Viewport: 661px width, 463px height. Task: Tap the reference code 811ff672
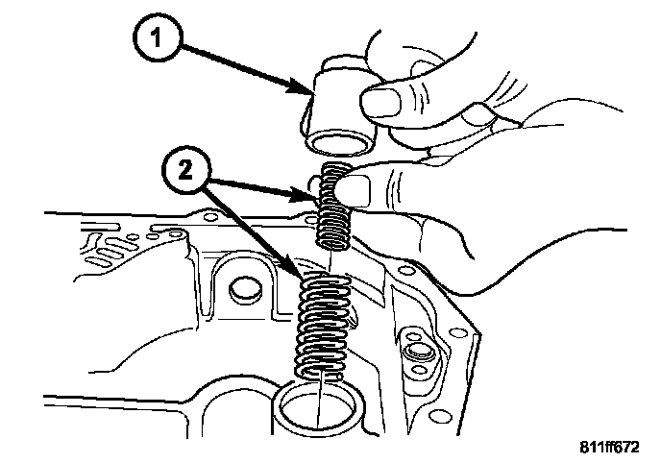click(x=611, y=448)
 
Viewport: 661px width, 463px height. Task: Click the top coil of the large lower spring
click(x=323, y=280)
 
